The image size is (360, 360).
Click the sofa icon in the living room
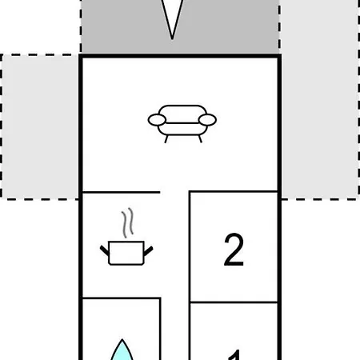coord(182,124)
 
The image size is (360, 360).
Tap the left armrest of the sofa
coord(157,120)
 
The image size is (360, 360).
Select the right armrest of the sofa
coord(207,120)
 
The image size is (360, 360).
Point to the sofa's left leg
coord(166,139)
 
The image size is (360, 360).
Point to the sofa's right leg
coord(200,139)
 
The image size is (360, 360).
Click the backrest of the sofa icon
coord(182,114)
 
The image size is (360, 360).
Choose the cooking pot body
coord(126,253)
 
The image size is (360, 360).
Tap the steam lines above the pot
coord(127,222)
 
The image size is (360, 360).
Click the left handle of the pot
coord(104,250)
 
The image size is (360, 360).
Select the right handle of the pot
coord(149,251)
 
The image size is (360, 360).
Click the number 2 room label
coord(234,250)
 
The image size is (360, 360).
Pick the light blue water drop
coord(122,350)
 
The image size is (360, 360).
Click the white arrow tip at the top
coord(173,39)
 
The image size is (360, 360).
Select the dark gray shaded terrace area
coord(180,26)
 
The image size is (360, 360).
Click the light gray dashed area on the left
coord(40,126)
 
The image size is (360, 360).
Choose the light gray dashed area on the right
coord(320,99)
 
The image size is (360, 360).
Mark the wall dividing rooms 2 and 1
coord(234,302)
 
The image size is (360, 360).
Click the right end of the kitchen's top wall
coord(160,192)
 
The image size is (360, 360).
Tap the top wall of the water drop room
coord(122,298)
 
